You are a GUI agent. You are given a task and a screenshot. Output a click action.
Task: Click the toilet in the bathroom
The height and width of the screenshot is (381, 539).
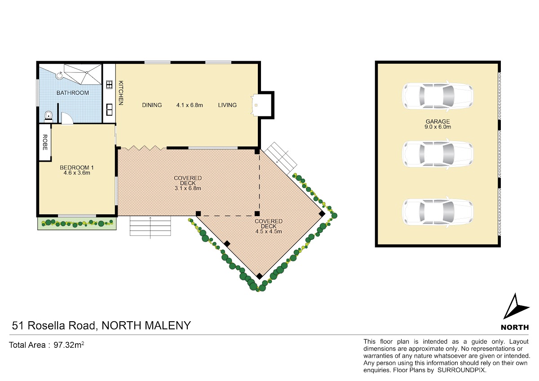coord(49,116)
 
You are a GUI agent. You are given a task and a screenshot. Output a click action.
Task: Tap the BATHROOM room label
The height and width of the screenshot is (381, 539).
coord(72,93)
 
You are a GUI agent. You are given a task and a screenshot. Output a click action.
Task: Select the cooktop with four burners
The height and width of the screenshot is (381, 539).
coord(109,85)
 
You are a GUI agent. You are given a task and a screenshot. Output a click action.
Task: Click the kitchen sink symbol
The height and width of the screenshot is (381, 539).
coord(109,110)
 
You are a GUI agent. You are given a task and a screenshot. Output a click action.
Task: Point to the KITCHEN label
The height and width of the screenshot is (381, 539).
coord(121,93)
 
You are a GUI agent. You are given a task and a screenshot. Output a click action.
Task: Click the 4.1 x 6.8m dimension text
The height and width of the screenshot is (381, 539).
coord(190,105)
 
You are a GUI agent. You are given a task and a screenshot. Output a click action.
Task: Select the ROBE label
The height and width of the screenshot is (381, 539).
coord(45,142)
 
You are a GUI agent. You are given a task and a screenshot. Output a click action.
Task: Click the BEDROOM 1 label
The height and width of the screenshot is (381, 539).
coord(77,167)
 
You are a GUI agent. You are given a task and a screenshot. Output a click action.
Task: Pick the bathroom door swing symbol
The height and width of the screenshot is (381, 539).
coord(67,119)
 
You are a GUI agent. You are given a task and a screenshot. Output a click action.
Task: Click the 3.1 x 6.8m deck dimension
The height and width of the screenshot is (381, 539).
coord(188,188)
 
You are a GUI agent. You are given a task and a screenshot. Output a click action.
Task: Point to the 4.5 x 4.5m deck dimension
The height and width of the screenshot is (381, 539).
coord(269,231)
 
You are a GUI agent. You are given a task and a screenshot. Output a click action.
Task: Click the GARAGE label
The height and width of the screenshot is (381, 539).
coord(437,121)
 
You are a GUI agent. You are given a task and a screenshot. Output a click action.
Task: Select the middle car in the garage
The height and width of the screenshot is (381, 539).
coord(437,154)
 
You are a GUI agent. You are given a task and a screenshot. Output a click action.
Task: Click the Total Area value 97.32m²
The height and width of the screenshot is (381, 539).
coord(69,345)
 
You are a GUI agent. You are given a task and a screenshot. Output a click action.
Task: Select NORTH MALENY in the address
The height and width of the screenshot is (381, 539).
coord(146,325)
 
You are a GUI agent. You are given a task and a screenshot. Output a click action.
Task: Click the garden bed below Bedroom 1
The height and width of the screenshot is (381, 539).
coord(77,223)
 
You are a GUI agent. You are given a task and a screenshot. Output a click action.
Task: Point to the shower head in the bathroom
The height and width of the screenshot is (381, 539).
coord(59,75)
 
